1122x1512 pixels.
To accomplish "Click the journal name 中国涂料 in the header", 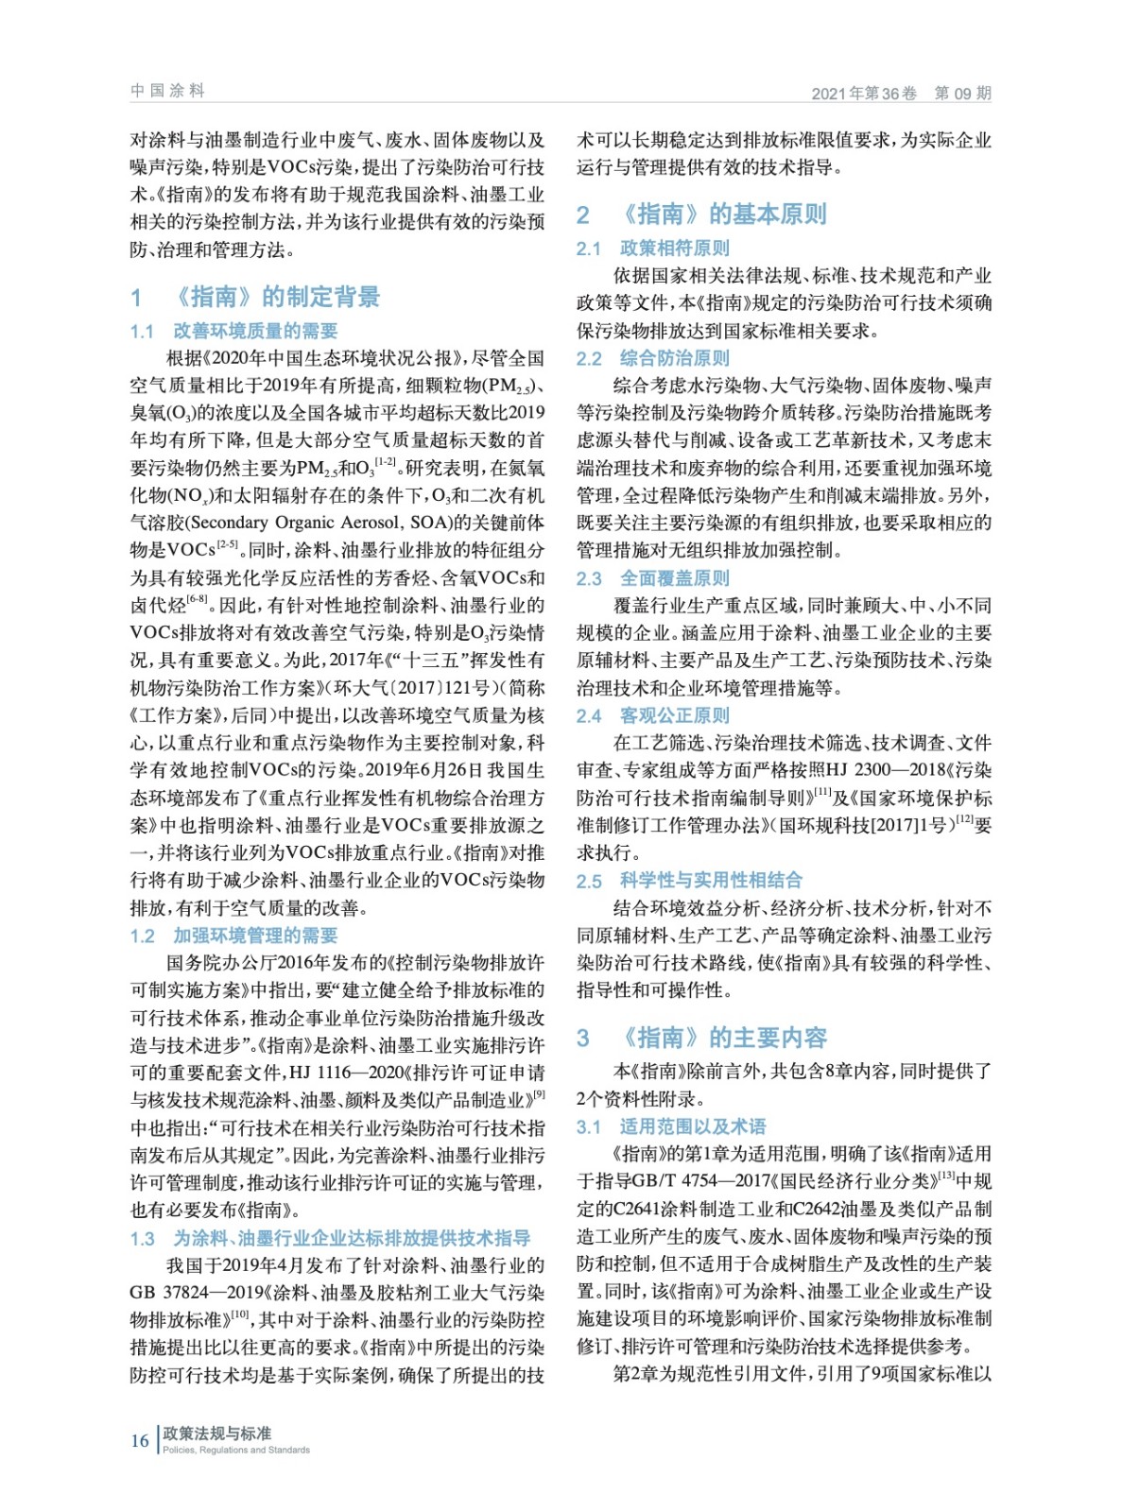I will (167, 91).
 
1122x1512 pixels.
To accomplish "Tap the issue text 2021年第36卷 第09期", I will (901, 93).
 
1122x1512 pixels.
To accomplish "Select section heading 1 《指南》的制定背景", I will (255, 297).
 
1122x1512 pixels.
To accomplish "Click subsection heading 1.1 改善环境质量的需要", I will (233, 331).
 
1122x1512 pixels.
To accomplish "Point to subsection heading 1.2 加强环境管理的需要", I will (233, 936).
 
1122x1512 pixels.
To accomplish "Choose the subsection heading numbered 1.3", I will (330, 1238).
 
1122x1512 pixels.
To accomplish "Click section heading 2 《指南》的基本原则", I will (701, 215).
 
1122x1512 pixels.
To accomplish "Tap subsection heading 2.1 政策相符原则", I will (652, 248).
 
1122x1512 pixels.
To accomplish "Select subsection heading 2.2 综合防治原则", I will (652, 358).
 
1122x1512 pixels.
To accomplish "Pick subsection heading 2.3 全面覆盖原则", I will (652, 578).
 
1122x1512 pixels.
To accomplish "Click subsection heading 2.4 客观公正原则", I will (652, 715).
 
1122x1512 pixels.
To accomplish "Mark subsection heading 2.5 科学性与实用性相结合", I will (689, 881).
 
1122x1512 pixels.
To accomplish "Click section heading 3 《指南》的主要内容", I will (701, 1038).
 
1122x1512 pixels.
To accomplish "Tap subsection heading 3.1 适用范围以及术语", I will (670, 1126).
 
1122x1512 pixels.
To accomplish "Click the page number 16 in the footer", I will (140, 1440).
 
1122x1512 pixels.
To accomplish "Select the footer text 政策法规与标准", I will (217, 1434).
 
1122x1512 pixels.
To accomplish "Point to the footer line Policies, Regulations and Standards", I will (236, 1450).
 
